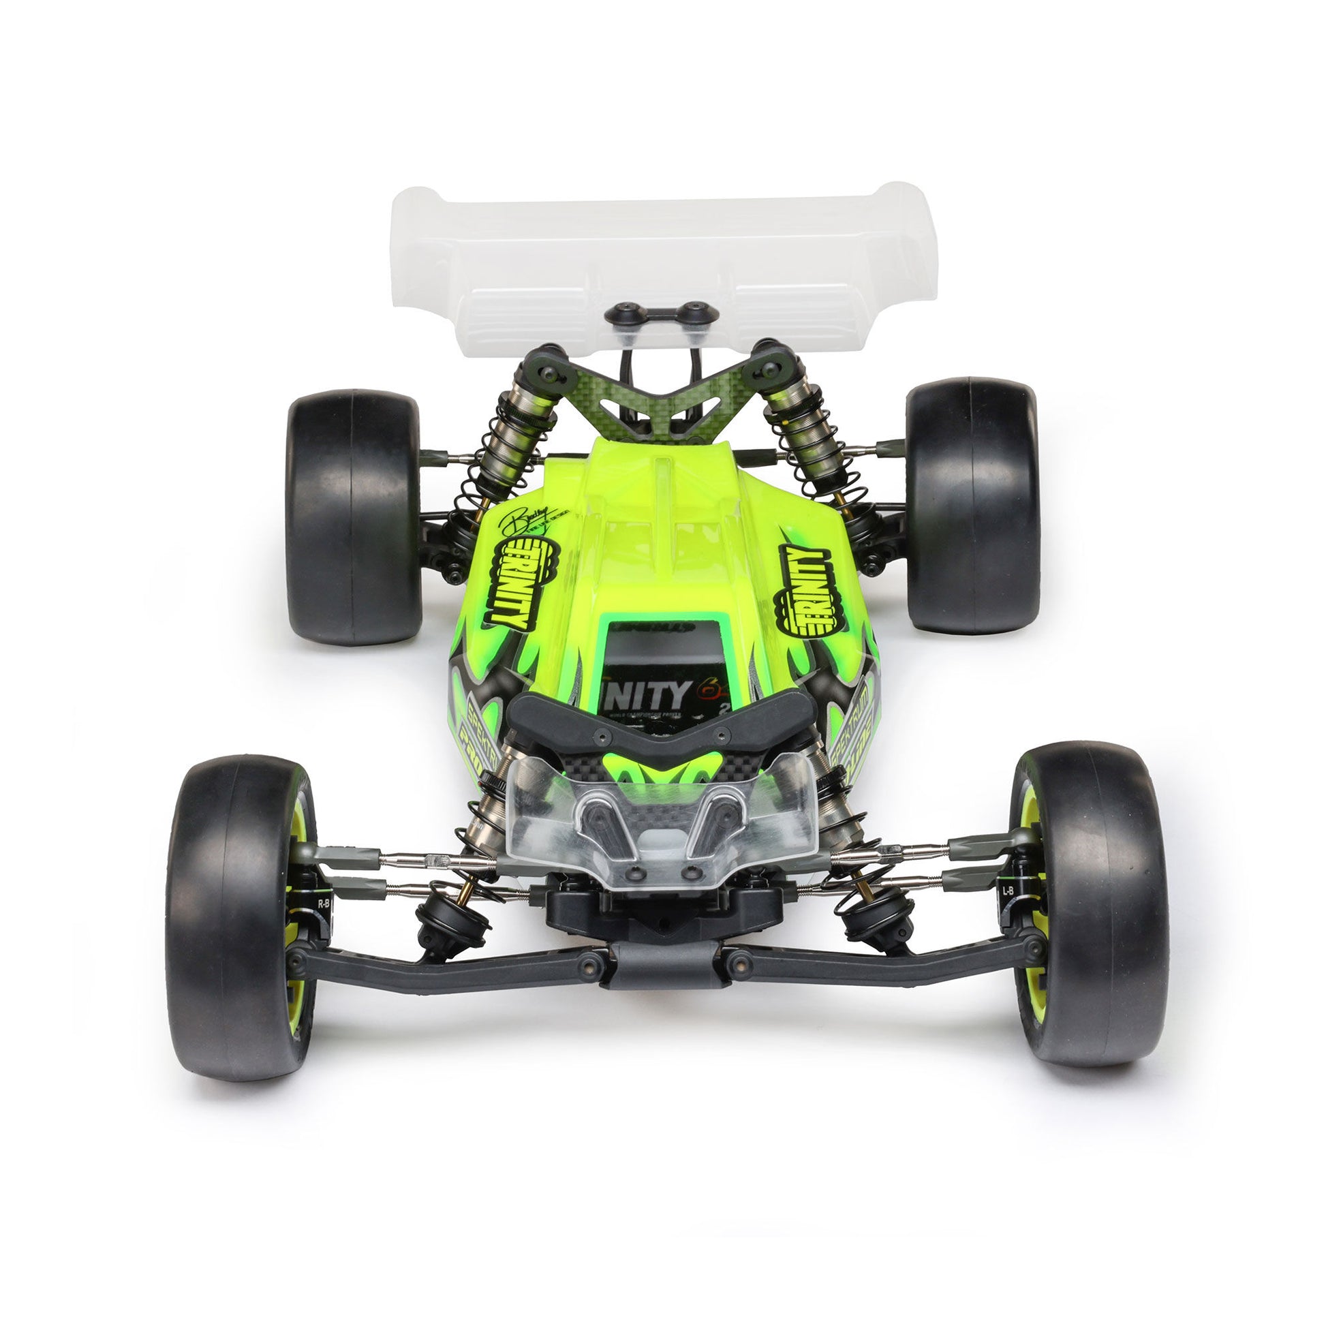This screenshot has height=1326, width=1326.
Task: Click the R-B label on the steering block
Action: (323, 904)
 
